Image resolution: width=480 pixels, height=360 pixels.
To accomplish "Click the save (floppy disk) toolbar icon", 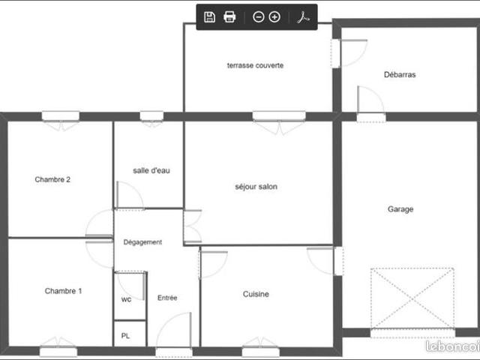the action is [x=209, y=17].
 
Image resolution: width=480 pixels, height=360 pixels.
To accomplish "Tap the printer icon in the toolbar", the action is [x=229, y=17].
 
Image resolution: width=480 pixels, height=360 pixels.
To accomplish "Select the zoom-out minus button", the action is [x=258, y=17].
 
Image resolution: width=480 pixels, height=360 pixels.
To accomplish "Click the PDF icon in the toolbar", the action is [x=303, y=17].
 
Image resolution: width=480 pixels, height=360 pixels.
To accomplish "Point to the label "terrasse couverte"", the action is [x=255, y=65].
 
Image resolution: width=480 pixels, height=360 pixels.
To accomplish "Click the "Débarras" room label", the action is [x=400, y=74].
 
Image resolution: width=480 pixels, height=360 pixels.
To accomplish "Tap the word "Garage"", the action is [x=400, y=209].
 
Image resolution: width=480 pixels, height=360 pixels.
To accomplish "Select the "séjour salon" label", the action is [x=256, y=187].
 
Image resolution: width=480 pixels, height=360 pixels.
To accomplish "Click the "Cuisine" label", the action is [x=256, y=294].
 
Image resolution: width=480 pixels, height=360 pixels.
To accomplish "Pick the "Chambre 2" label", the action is [x=52, y=179].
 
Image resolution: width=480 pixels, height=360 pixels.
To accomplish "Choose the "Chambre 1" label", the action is [x=63, y=291].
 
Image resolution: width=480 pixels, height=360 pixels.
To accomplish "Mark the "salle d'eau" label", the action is [x=151, y=170].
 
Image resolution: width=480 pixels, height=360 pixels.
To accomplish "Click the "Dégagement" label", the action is [x=142, y=242].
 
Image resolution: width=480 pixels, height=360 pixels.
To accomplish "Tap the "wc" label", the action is [x=126, y=299].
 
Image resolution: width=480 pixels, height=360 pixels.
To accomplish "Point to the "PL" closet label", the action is [x=125, y=336].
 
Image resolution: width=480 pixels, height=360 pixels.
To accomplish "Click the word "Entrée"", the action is [x=167, y=298].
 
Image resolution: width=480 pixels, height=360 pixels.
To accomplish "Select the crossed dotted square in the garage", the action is [x=412, y=298].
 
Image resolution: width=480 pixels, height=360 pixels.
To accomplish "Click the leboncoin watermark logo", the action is [x=453, y=346].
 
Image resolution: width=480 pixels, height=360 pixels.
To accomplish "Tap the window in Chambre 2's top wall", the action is [x=61, y=117].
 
